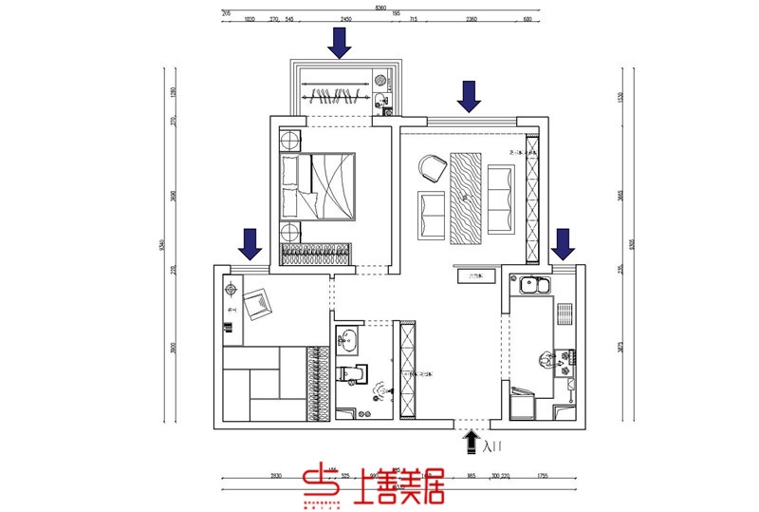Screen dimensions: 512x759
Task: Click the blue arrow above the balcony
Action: (339, 43)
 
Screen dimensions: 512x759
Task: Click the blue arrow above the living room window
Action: (469, 96)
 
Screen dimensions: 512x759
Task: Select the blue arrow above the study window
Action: (250, 244)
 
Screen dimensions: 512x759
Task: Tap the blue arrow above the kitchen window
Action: (564, 244)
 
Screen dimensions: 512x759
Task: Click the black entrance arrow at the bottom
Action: (471, 439)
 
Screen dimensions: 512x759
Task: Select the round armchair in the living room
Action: (433, 168)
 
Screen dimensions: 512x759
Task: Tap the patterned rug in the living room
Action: (467, 197)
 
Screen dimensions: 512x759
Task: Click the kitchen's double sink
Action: (533, 284)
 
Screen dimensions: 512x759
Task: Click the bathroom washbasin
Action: (348, 338)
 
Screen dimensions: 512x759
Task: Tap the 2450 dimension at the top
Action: (346, 18)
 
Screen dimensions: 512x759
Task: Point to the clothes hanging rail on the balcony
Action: (337, 93)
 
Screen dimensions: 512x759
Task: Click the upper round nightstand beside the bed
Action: (289, 141)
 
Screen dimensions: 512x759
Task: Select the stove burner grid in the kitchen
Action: (564, 314)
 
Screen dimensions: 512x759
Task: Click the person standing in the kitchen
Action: (547, 359)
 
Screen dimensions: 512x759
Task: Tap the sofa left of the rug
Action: (433, 215)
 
